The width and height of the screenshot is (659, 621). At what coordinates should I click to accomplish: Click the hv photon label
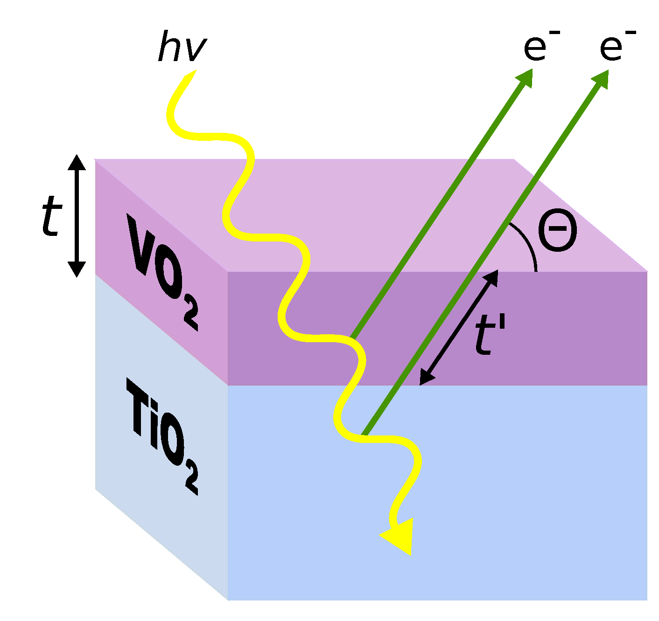[182, 47]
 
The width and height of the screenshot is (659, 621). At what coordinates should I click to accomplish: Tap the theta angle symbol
[557, 232]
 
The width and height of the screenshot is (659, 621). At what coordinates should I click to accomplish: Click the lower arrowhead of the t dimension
[77, 269]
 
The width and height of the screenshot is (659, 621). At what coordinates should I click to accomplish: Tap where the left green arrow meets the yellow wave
[352, 337]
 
